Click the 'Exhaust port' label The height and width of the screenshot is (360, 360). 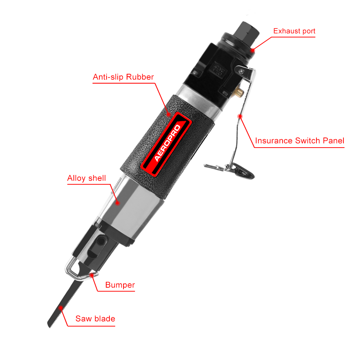tap(294, 31)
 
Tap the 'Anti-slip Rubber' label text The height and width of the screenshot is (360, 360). tap(123, 77)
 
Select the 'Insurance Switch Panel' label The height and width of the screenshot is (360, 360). tap(300, 140)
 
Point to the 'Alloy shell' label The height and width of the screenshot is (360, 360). tap(86, 178)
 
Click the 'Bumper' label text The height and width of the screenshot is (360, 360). tap(120, 285)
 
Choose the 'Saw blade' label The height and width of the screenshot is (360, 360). tap(95, 319)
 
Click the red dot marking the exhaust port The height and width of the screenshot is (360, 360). tap(253, 50)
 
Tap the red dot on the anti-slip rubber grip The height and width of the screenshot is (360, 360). tap(169, 114)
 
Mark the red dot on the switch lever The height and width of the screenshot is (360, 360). tap(240, 116)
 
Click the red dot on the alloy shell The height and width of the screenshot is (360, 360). tap(117, 203)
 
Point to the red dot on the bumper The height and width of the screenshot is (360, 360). tap(91, 275)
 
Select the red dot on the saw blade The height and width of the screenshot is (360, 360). tap(61, 308)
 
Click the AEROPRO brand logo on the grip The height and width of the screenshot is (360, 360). tap(166, 144)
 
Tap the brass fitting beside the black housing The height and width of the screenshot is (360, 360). tap(240, 93)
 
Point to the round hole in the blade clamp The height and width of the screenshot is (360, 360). tap(101, 241)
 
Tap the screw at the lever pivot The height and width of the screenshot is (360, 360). tap(241, 71)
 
